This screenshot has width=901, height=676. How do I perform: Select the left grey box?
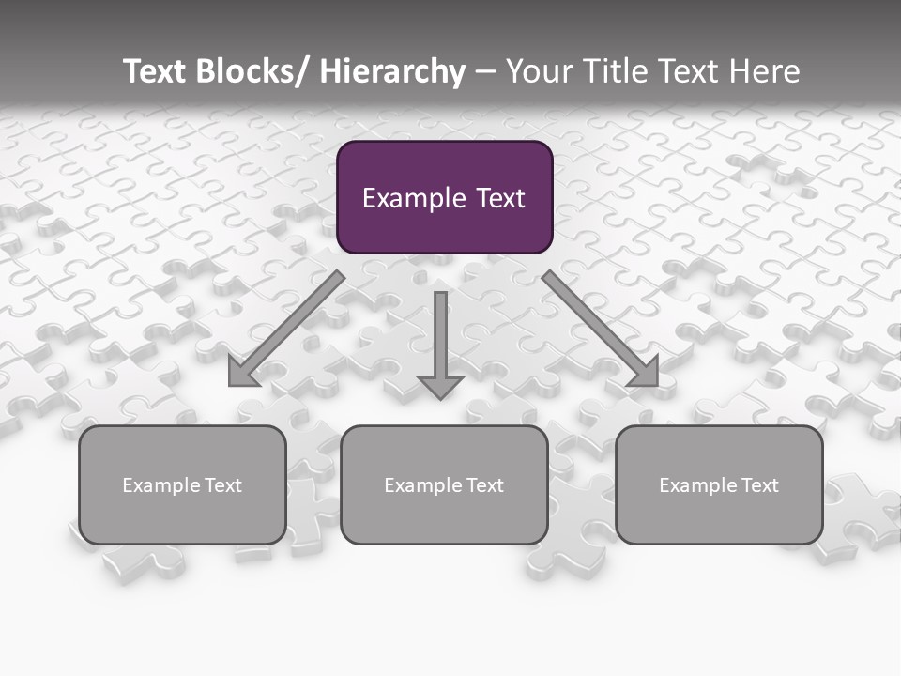coord(182,516)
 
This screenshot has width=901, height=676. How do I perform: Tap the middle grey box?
coord(444,516)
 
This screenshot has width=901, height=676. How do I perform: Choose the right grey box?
coord(719,516)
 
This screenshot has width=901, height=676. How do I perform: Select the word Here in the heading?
coord(763,71)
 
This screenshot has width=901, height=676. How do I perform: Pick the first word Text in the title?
coord(154,71)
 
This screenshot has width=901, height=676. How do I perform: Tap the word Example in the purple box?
coord(413,198)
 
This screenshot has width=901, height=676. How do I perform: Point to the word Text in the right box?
coord(759,485)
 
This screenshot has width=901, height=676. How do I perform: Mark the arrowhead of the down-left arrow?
coord(242,374)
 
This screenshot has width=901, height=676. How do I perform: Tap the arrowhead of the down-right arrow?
coord(645,373)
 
